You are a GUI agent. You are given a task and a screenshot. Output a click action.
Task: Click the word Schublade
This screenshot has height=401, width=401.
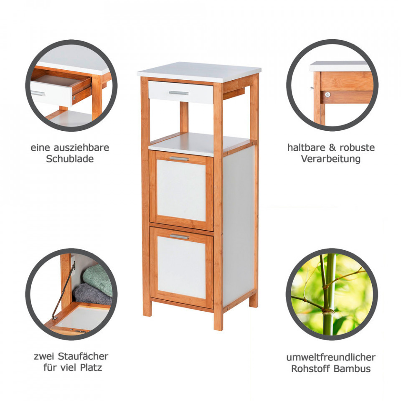click(70, 159)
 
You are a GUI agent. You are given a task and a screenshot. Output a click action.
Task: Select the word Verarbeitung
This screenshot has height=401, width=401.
click(331, 159)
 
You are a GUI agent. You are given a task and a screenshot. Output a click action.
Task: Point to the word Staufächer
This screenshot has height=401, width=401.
click(83, 356)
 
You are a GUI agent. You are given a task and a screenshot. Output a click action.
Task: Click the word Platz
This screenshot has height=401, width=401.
click(91, 368)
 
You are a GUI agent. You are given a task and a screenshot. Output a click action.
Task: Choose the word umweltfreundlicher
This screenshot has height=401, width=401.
click(331, 357)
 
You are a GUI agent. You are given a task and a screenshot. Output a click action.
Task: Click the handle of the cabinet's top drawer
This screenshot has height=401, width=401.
click(178, 93)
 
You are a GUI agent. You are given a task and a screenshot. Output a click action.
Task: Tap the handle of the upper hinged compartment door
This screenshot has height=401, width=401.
click(179, 159)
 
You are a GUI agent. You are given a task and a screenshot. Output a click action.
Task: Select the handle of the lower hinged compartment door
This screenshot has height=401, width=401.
click(179, 236)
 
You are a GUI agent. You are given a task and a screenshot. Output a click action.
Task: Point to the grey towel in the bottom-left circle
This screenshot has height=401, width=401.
click(92, 295)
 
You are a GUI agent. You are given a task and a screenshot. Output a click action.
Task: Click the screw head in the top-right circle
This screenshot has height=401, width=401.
click(327, 95)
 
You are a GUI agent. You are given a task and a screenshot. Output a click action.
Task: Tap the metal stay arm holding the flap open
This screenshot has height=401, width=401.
click(64, 291)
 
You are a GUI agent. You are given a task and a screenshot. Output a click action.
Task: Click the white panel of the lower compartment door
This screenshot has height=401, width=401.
click(181, 267)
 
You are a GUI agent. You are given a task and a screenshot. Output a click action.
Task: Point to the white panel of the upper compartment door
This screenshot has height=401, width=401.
click(181, 190)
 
